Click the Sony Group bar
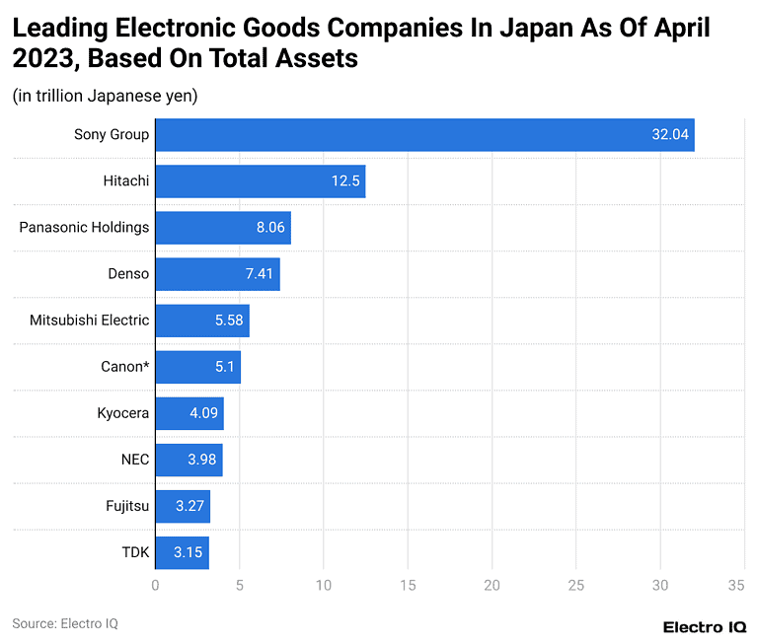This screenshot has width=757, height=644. coord(424,135)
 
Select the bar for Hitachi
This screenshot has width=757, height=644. coord(260,181)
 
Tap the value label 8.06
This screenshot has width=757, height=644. coord(270,228)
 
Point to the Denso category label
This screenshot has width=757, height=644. coord(128,274)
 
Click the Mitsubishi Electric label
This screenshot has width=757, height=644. coord(89,321)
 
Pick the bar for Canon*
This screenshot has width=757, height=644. coord(197,367)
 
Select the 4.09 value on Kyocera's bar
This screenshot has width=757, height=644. coord(204,413)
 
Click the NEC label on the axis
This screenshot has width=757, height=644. coord(134,460)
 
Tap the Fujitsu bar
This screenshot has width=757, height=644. coord(183,506)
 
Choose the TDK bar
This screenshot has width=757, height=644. coord(182,552)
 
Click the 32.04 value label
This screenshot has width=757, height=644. coord(670,135)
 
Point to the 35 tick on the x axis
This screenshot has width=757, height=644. coord(735,586)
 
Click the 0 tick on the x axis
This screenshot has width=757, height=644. coord(155,586)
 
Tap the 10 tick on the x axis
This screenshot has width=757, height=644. coord(323,586)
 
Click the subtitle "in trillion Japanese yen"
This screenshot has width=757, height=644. coord(105,97)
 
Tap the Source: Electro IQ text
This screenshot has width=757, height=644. coord(65,623)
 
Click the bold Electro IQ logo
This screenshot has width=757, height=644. coord(704,627)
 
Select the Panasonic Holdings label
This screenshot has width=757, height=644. coord(84,228)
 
